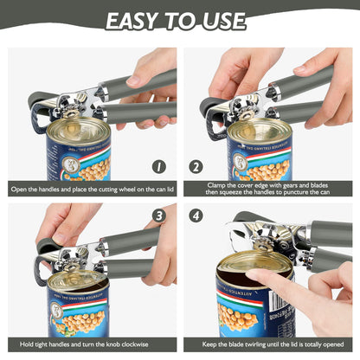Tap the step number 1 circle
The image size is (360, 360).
tap(158, 166)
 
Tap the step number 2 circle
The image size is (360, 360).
tap(196, 166)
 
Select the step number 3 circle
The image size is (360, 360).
tap(158, 216)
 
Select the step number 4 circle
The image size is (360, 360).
tap(196, 216)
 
